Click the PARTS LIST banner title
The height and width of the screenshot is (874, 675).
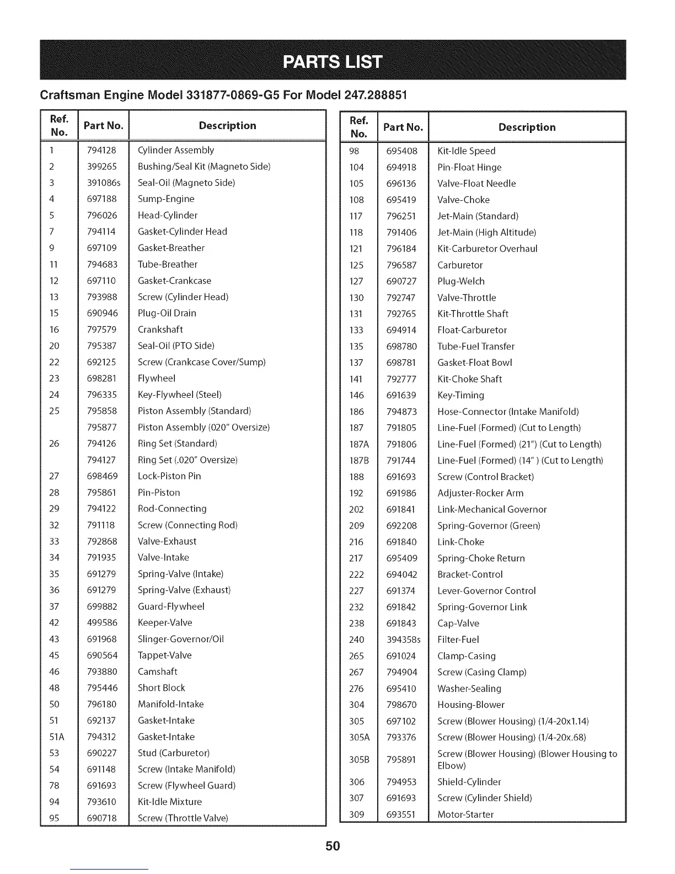click(x=333, y=61)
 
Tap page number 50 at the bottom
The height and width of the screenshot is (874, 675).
click(x=333, y=846)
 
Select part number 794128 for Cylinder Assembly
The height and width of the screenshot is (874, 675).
click(x=102, y=150)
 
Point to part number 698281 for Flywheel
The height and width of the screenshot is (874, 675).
click(x=102, y=379)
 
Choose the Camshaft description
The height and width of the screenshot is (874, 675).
click(x=158, y=672)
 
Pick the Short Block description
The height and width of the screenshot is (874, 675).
click(x=162, y=688)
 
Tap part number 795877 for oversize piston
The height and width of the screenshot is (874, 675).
click(x=102, y=427)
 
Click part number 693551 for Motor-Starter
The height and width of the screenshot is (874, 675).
click(x=401, y=814)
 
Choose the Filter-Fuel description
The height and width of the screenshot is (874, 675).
click(x=458, y=639)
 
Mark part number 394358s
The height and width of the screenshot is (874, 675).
click(x=403, y=639)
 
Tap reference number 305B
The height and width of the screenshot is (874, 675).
click(x=359, y=759)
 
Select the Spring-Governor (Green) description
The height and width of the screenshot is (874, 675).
click(x=489, y=526)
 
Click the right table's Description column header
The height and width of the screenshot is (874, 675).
click(x=527, y=127)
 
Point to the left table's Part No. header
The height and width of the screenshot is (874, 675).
click(x=103, y=126)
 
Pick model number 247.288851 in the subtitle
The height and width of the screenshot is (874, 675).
click(x=376, y=94)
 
